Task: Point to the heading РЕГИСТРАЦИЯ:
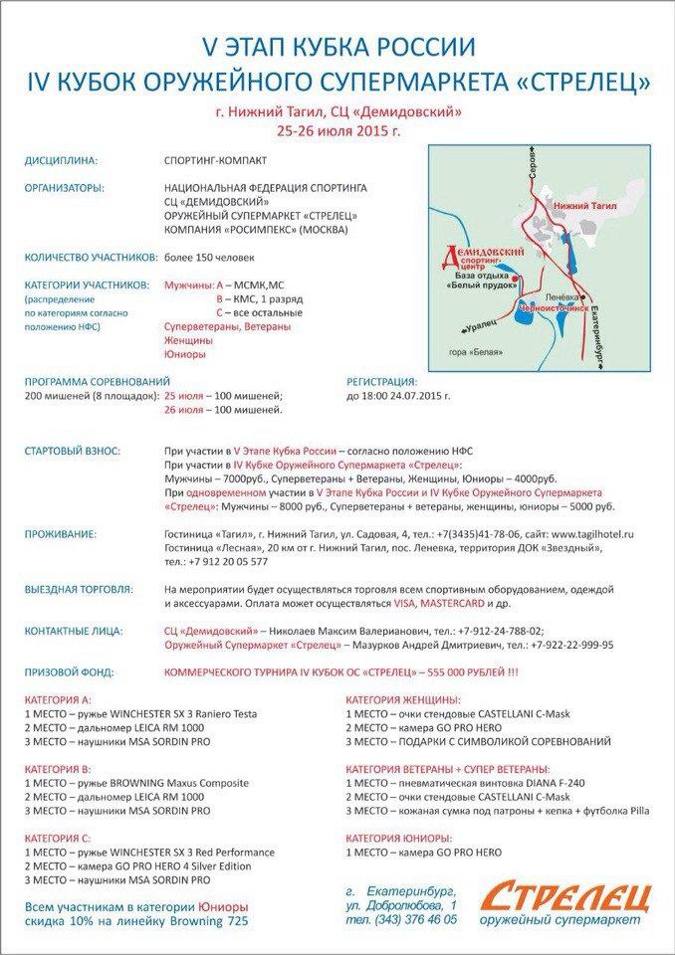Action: tap(381, 381)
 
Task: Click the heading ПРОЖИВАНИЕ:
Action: tap(60, 534)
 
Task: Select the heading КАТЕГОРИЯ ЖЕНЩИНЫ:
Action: tap(403, 699)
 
